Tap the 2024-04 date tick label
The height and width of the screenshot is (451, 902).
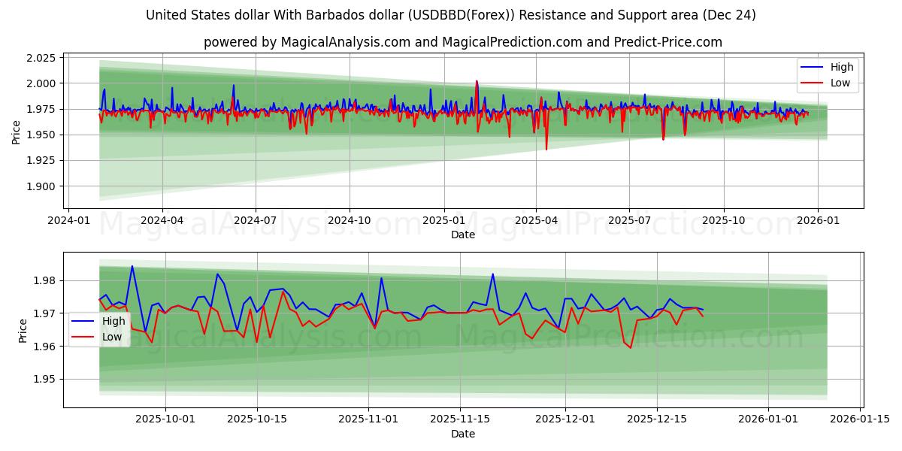162,221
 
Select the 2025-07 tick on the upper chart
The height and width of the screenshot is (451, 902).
630,221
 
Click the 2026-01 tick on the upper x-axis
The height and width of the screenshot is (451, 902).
817,221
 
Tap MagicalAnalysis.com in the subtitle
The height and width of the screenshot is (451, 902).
339,42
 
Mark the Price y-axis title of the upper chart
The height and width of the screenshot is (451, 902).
17,132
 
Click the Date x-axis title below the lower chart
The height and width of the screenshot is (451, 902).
463,434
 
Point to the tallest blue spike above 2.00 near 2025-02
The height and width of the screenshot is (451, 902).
477,81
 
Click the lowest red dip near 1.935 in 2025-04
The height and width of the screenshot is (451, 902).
546,149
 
